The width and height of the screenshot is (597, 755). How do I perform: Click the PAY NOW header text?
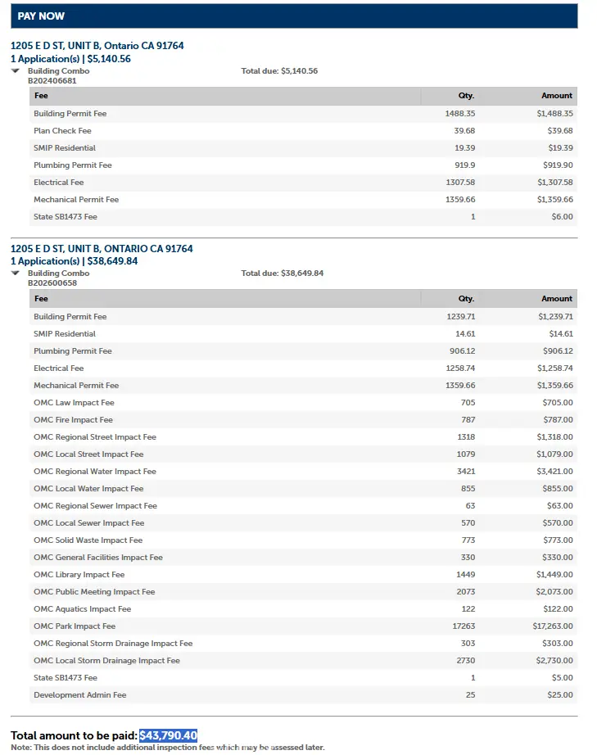41,16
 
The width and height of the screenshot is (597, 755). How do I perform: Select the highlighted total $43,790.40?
168,735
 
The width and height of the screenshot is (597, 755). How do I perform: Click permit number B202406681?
52,80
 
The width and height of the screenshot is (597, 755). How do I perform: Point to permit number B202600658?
52,283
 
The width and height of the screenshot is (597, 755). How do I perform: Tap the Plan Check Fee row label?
62,131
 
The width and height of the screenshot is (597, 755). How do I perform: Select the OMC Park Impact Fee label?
75,626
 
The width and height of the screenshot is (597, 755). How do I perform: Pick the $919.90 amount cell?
556,165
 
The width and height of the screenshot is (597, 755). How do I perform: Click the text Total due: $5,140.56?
279,71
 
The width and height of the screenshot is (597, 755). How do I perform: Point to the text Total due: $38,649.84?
282,274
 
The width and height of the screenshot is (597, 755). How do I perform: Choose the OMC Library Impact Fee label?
79,575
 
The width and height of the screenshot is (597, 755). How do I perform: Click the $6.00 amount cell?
562,217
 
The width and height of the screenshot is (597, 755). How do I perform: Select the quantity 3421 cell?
466,472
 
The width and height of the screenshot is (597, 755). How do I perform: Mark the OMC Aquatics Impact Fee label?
82,609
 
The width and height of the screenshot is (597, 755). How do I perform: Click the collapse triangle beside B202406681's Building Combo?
16,71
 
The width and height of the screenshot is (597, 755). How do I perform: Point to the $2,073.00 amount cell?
554,592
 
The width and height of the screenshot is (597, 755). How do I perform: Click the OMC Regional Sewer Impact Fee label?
95,506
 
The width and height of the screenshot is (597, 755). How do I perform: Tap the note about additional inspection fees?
168,748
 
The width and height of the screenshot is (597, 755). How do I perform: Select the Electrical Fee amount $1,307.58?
554,183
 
